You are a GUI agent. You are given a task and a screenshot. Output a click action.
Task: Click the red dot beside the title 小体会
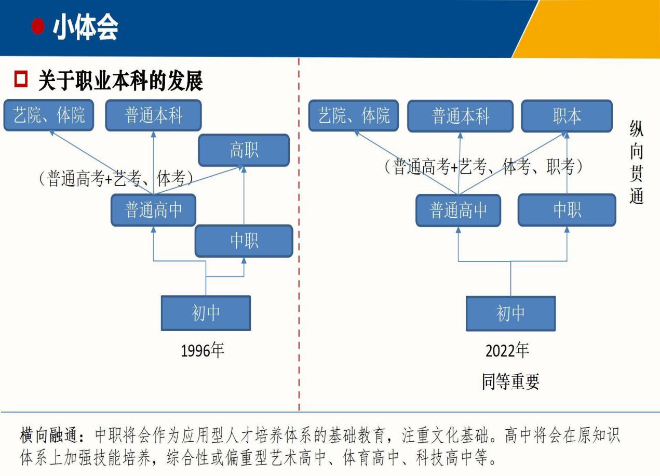[38, 27]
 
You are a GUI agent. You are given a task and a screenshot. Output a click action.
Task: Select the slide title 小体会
[86, 27]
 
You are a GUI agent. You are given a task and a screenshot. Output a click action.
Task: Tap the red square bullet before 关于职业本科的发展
[21, 79]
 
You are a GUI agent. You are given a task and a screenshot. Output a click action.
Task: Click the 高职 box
[244, 150]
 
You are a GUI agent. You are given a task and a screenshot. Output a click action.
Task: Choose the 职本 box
[567, 116]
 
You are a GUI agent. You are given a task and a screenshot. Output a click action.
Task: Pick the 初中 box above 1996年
[206, 313]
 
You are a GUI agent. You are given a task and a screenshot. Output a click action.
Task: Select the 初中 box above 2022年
[510, 313]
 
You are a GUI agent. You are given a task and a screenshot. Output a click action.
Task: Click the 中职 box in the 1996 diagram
[244, 241]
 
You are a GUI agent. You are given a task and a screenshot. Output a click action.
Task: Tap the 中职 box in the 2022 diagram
[567, 210]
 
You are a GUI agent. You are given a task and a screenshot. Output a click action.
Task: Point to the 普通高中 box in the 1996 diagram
[153, 210]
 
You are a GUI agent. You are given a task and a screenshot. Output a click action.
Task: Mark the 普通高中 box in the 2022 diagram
[458, 210]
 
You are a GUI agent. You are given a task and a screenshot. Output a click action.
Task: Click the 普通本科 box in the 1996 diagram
[153, 115]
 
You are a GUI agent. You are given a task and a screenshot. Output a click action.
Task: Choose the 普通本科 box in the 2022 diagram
[460, 116]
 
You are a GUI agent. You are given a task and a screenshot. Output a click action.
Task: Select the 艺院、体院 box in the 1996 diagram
[49, 115]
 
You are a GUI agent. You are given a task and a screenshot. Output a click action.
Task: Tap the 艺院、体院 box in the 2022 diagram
[354, 115]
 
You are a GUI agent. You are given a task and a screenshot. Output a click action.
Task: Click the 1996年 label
[203, 350]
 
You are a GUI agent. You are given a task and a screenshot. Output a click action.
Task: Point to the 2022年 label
[507, 350]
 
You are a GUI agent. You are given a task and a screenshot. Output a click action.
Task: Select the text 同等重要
[510, 381]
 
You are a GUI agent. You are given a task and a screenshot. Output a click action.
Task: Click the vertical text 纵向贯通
[637, 162]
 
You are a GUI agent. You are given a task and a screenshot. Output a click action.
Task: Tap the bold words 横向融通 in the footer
[49, 435]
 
